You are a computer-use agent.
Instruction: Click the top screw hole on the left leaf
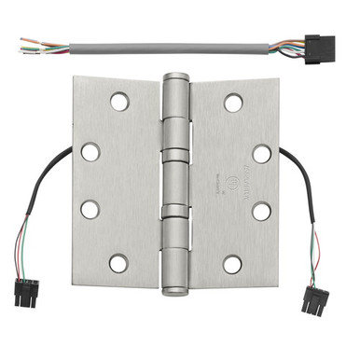118,100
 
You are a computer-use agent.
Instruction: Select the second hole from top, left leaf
90,151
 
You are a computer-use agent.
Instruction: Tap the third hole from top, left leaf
90,209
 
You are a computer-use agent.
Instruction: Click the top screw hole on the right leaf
233,102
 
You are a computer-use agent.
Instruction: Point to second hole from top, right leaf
262,153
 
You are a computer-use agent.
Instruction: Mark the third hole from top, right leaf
262,211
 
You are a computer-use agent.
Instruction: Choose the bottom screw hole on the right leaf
233,264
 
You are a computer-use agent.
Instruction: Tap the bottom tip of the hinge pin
175,290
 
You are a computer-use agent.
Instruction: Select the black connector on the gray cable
320,46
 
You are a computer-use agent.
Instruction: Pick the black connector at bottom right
314,301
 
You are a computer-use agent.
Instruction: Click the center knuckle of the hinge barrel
175,182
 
